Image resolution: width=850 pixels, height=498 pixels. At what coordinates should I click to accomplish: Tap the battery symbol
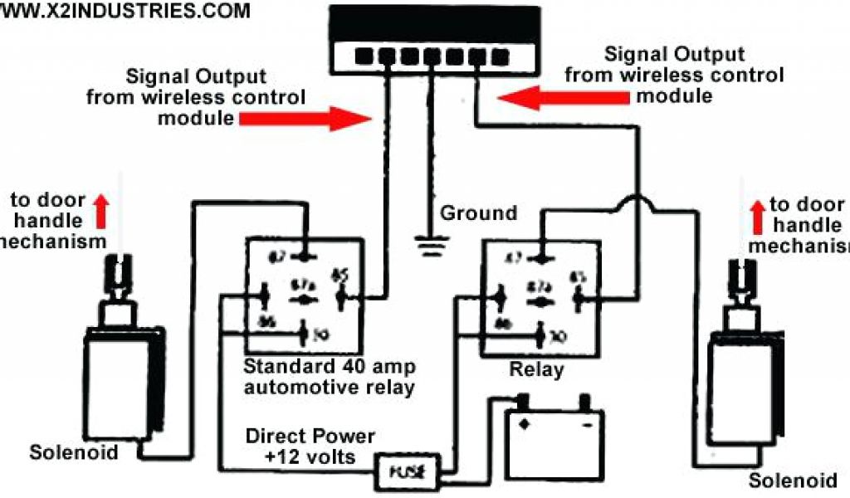(552, 440)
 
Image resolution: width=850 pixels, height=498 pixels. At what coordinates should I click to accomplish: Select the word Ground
(478, 213)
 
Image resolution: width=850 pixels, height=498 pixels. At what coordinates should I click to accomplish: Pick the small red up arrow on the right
(756, 215)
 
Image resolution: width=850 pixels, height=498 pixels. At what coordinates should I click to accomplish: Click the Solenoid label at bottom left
(74, 453)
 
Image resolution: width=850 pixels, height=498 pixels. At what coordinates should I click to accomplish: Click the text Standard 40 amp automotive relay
(330, 377)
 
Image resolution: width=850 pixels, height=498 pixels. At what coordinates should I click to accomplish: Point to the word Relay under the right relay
(537, 369)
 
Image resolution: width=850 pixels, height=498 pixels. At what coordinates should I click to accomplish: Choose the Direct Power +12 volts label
(310, 447)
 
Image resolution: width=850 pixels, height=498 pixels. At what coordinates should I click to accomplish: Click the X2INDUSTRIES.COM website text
(125, 11)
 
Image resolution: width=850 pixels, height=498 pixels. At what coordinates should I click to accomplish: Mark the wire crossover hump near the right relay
(637, 203)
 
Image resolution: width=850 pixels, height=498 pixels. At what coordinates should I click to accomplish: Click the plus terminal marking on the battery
(523, 422)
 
